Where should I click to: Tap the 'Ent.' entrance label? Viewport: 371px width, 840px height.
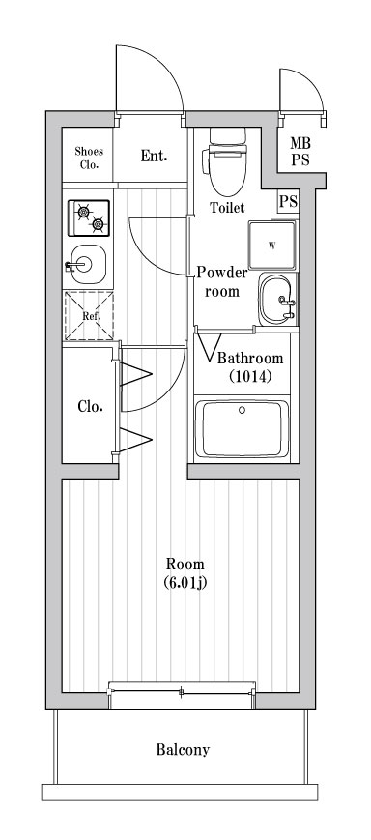click(x=153, y=156)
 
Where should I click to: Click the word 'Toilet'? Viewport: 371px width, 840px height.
click(x=227, y=208)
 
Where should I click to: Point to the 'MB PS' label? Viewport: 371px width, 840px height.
click(x=300, y=152)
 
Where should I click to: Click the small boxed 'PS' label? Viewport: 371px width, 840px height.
click(x=288, y=202)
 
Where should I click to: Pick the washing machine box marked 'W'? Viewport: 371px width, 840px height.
click(x=272, y=246)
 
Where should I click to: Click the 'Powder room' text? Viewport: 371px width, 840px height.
click(x=222, y=281)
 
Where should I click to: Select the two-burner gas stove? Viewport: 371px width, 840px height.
click(x=88, y=218)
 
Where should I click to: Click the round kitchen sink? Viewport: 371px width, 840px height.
click(x=88, y=263)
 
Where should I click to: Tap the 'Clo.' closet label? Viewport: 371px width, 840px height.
click(x=90, y=405)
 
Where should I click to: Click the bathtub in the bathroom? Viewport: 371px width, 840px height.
click(x=245, y=429)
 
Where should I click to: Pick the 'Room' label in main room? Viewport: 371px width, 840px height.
click(x=185, y=565)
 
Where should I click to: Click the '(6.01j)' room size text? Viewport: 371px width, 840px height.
click(x=185, y=583)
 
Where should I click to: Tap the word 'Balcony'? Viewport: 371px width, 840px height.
click(x=183, y=749)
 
